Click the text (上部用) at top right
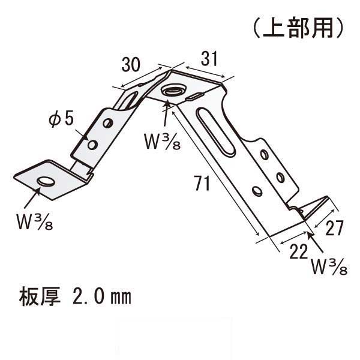(x=298, y=28)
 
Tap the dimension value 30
(x=131, y=65)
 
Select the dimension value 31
(x=209, y=59)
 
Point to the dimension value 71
(x=202, y=183)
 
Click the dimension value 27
(x=334, y=228)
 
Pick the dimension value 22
(x=298, y=251)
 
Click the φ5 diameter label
(x=61, y=119)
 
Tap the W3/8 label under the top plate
(x=163, y=142)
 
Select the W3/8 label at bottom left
(x=35, y=221)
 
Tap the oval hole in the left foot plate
(x=46, y=181)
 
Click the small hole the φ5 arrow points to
(x=92, y=145)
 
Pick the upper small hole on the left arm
(x=107, y=123)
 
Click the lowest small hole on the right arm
(x=257, y=191)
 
